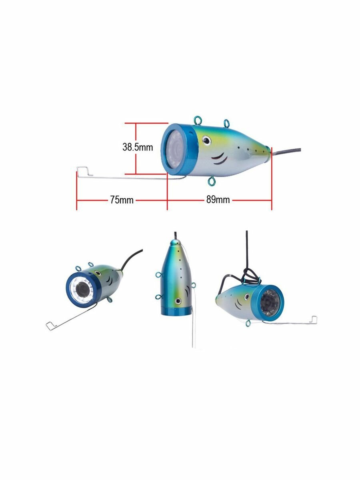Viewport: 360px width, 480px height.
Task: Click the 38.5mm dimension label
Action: [137, 147]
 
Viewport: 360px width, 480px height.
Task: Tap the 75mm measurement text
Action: [122, 200]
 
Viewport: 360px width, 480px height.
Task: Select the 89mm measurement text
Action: [218, 200]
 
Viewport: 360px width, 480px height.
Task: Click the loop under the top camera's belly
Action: [211, 182]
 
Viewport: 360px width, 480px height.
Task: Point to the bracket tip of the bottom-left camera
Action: [50, 326]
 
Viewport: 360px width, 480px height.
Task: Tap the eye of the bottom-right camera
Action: [246, 296]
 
